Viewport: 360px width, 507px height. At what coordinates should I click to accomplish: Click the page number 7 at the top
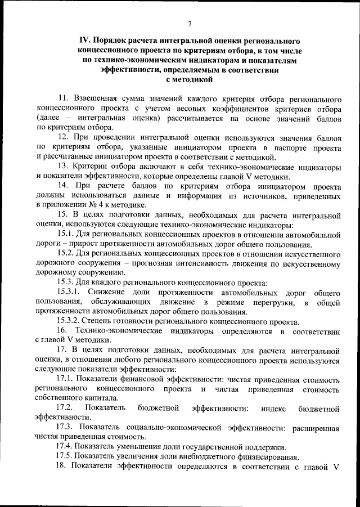tap(190, 23)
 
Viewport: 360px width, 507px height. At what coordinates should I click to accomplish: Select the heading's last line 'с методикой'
tap(190, 80)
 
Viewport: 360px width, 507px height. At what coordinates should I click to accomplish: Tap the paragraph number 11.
tap(64, 99)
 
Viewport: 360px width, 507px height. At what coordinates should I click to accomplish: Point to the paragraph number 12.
tap(64, 137)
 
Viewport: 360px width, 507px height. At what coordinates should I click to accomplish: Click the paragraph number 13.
tap(64, 167)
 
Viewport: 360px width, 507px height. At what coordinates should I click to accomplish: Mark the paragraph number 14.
tap(64, 186)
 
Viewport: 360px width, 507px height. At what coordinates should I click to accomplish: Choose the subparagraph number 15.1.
tap(66, 235)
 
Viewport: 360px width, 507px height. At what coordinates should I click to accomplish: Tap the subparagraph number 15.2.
tap(66, 254)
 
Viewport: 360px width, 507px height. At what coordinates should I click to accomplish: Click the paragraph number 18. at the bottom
tap(64, 466)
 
